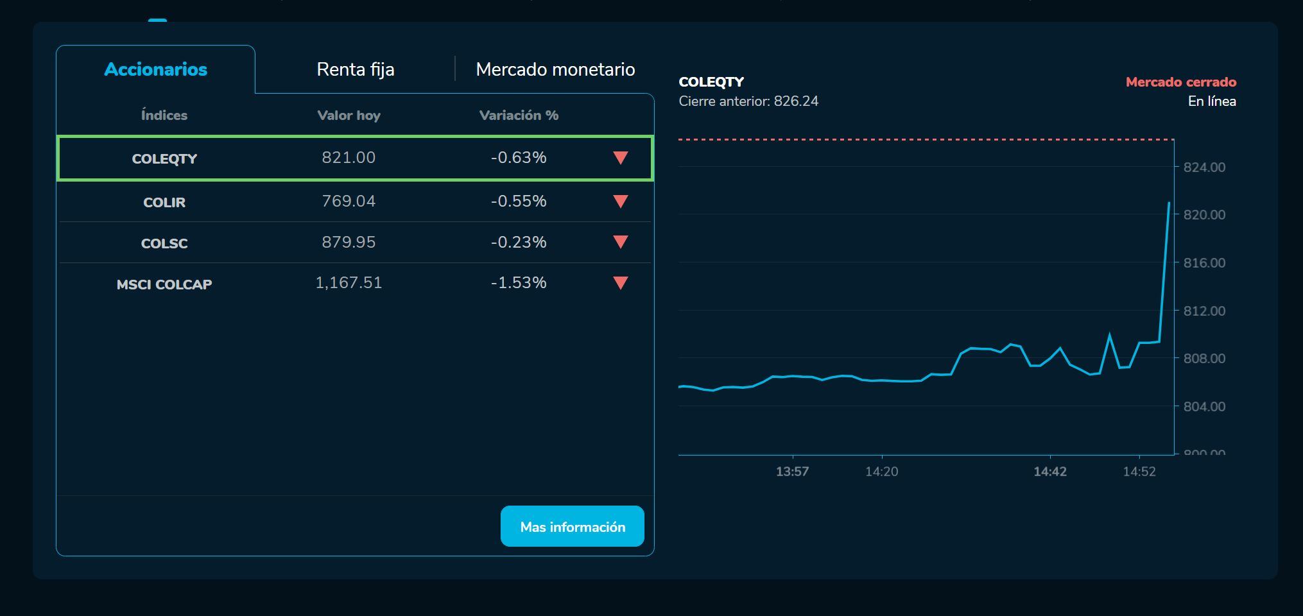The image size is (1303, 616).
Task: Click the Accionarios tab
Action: click(x=155, y=69)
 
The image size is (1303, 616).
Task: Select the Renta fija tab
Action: click(x=356, y=69)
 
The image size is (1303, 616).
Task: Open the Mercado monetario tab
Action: click(x=555, y=69)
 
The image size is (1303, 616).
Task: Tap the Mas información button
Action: click(x=572, y=527)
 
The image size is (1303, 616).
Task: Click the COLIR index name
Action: click(x=164, y=202)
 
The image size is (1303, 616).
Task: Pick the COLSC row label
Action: click(x=164, y=243)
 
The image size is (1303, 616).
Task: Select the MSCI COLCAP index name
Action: click(x=164, y=284)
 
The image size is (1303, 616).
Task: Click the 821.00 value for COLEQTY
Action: click(x=349, y=158)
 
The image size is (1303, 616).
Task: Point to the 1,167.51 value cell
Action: click(x=349, y=283)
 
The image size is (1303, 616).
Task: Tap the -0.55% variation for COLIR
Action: click(x=519, y=201)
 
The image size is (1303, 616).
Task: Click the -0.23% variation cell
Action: click(x=519, y=243)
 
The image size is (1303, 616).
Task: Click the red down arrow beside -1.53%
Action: click(x=620, y=283)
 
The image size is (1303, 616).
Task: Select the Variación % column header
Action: click(x=519, y=116)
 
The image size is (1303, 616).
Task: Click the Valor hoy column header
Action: click(x=349, y=116)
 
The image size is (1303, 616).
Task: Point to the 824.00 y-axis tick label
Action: click(x=1204, y=167)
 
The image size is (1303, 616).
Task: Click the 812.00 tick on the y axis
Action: click(x=1204, y=311)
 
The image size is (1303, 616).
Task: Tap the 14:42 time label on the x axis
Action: click(x=1050, y=472)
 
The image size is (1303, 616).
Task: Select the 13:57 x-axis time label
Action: click(x=792, y=472)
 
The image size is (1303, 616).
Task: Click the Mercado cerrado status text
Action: click(x=1180, y=82)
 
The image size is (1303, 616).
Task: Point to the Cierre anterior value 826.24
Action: click(x=796, y=101)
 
